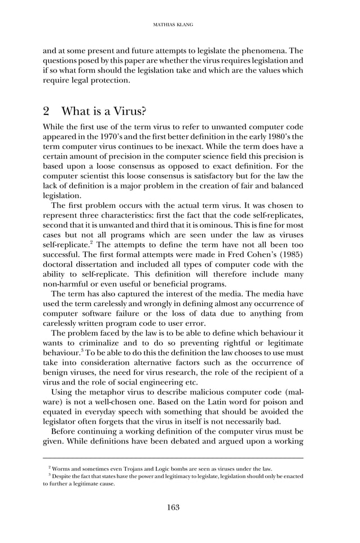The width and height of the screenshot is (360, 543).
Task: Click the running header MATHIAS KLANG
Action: point(173,24)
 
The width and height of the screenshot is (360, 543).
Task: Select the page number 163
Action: point(173,507)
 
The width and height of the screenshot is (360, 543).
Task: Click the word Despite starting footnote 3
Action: point(66,476)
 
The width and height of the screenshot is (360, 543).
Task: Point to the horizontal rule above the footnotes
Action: point(173,458)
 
